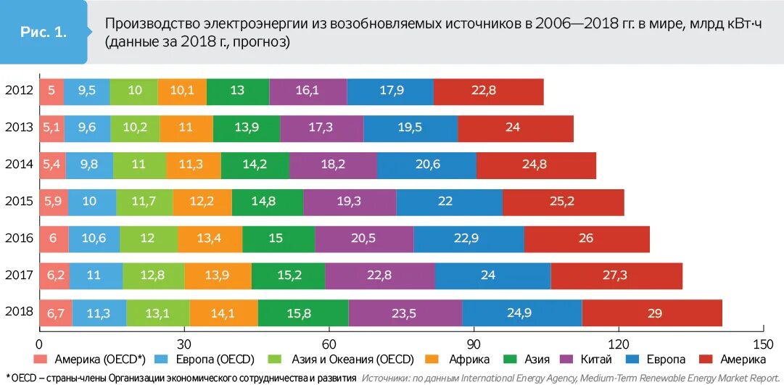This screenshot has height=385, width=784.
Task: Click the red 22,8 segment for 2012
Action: click(488, 91)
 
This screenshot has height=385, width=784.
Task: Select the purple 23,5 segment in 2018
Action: click(405, 312)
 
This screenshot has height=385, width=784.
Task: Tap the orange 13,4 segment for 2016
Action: click(210, 239)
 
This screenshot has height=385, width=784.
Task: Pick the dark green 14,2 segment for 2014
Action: click(255, 165)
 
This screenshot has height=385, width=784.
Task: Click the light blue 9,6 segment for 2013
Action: click(87, 128)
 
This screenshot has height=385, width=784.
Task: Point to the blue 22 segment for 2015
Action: click(449, 202)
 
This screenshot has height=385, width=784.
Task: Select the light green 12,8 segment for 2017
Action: click(153, 276)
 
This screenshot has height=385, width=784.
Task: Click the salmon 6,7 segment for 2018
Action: click(56, 312)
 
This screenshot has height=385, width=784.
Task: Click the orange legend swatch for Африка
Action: click(432, 360)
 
